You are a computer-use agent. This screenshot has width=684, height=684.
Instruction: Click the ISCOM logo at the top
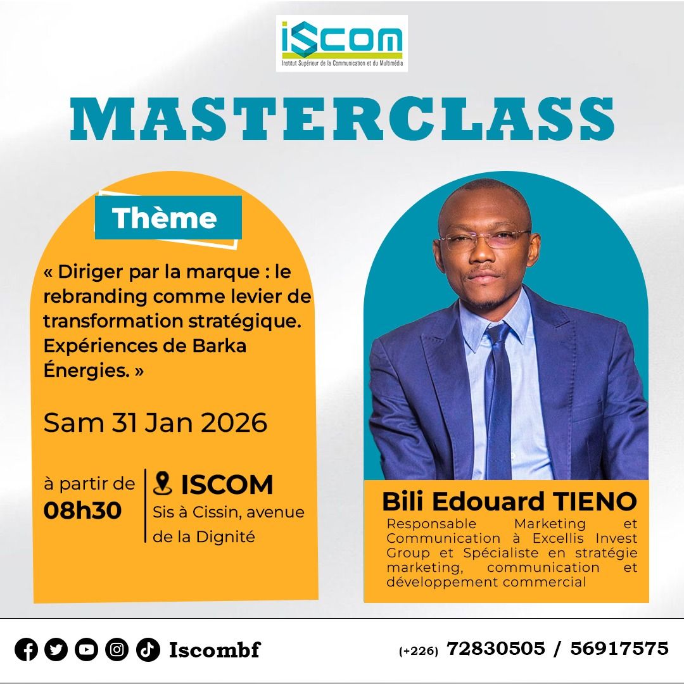(341, 44)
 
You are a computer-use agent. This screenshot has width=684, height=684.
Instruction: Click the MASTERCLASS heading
(342, 118)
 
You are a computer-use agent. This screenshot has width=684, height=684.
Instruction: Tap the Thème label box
(168, 218)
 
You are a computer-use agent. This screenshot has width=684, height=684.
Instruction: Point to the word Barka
(219, 346)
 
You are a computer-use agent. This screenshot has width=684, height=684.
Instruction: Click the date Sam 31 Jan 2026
(155, 422)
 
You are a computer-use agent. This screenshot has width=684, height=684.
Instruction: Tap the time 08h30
(82, 510)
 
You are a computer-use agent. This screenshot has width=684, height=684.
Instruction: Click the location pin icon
(163, 483)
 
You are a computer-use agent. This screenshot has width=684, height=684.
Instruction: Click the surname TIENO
(595, 501)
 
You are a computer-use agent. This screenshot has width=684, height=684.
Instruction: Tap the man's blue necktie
(498, 402)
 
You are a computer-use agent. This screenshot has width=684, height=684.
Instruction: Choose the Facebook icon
(26, 650)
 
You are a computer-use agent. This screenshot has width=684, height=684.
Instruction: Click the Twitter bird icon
(56, 650)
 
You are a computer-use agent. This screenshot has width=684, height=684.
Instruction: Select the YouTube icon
(86, 650)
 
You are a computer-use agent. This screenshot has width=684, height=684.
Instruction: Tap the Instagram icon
(117, 650)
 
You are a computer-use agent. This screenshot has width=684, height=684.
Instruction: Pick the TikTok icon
(148, 650)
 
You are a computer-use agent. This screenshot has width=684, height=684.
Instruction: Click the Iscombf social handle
(215, 650)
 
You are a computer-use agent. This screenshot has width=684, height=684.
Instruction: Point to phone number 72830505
(496, 649)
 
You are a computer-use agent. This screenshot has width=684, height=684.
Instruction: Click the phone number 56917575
(619, 649)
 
